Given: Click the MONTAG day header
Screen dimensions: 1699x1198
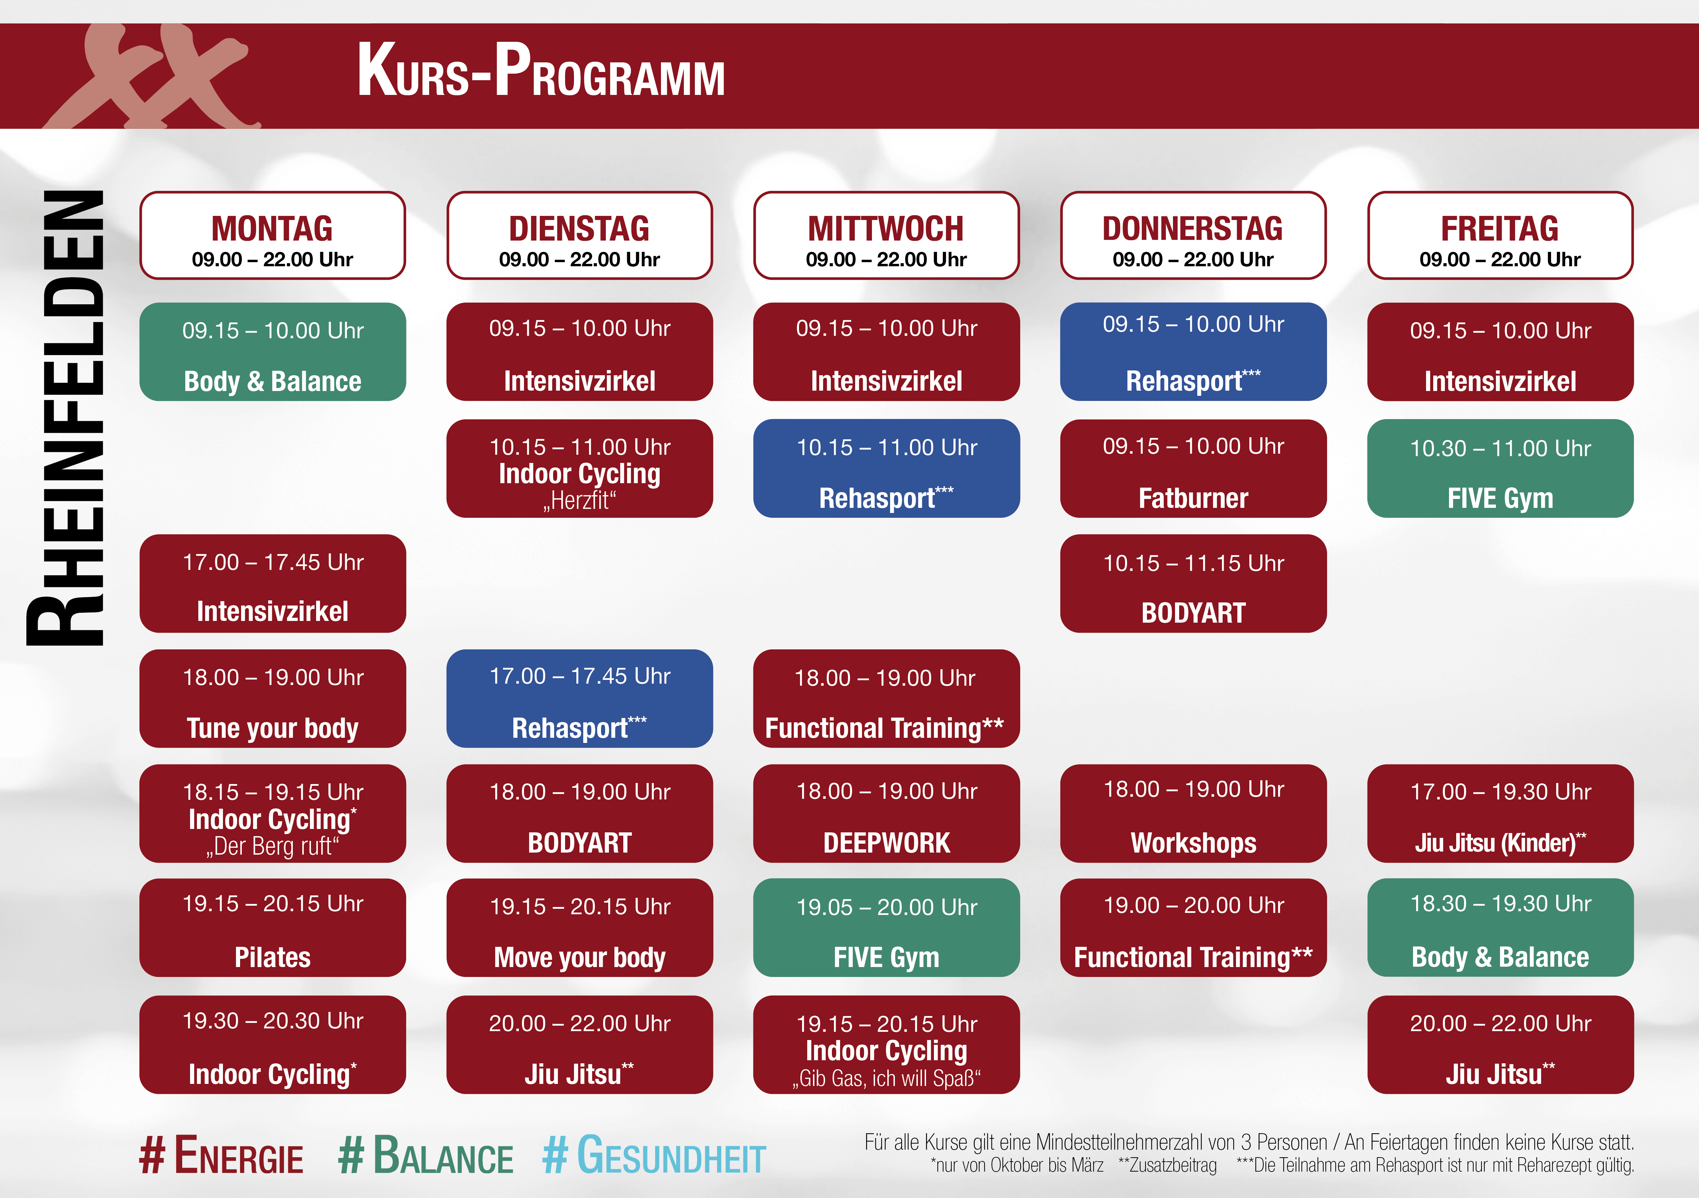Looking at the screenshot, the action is point(272,235).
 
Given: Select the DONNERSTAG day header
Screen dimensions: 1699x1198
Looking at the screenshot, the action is point(1193,235).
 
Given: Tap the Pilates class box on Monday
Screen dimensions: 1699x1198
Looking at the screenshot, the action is point(272,928).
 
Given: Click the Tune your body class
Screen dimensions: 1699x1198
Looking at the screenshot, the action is point(272,698).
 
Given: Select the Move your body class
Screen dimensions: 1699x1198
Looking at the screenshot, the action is point(579,928).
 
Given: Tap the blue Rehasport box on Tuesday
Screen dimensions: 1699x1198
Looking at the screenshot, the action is point(579,698).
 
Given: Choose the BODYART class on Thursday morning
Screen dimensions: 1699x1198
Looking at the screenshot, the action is point(1193,584).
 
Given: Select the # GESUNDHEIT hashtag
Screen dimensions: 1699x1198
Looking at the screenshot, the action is point(654,1156).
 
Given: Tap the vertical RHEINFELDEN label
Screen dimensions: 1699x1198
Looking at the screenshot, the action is point(65,418).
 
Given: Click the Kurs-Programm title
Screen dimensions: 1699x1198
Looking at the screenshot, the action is point(541,71).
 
